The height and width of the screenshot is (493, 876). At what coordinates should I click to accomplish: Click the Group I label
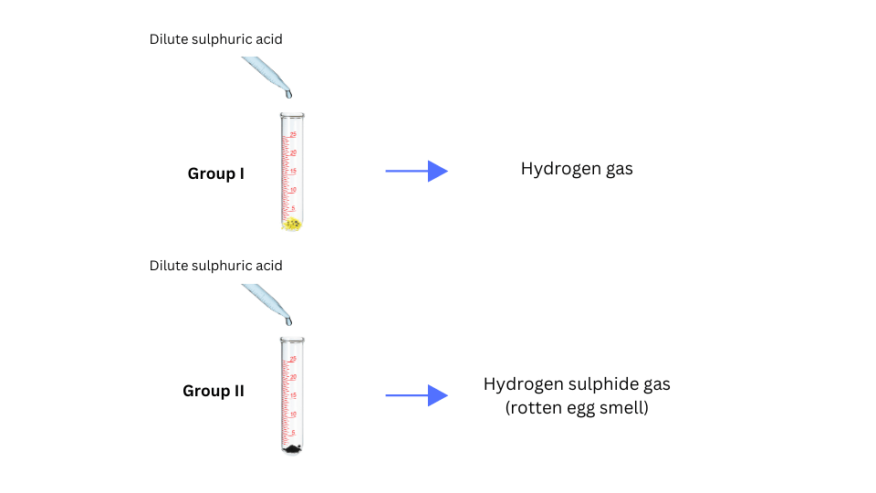point(215,173)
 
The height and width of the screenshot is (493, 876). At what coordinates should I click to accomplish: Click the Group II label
point(214,391)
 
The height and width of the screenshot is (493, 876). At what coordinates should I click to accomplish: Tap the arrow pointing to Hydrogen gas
point(416,171)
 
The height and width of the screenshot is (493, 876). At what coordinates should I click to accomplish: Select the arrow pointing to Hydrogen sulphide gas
point(416,395)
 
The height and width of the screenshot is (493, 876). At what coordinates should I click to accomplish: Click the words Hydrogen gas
point(577,169)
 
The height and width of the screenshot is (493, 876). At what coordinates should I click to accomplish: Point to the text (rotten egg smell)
point(577,408)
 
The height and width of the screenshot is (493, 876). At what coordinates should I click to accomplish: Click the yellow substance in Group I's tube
point(292,224)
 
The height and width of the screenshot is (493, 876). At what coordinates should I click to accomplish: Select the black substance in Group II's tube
point(292,448)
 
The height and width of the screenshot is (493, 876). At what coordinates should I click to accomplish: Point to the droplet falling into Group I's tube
point(289,93)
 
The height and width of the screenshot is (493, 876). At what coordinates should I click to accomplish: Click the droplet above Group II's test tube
point(289,320)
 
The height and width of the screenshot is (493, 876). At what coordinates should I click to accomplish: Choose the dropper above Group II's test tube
point(265,298)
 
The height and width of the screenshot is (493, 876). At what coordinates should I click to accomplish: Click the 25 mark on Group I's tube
point(293,135)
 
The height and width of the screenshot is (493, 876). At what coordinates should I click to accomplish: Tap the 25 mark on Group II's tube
point(293,359)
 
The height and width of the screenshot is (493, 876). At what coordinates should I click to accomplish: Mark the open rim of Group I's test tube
point(292,115)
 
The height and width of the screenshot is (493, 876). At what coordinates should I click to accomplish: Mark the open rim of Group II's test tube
point(292,340)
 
